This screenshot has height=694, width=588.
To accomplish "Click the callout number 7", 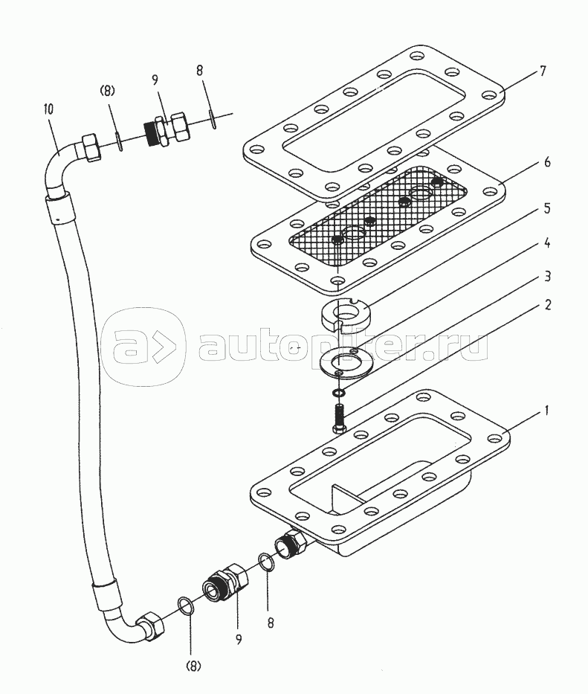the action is coord(543,71).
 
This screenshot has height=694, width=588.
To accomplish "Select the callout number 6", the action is coord(547,162).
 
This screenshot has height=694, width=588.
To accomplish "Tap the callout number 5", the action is coord(547,208).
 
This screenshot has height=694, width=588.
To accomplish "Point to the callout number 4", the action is coord(547,242).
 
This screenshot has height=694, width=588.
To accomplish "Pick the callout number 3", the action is coord(547,277).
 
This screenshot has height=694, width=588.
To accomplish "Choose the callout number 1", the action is coord(546,411).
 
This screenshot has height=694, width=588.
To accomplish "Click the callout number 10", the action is coord(48,109).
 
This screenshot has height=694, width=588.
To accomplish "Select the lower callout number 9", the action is coord(239,640).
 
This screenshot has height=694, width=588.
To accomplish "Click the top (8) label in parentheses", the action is coord(107,91).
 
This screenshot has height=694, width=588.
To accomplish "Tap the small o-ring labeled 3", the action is coord(340,392).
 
